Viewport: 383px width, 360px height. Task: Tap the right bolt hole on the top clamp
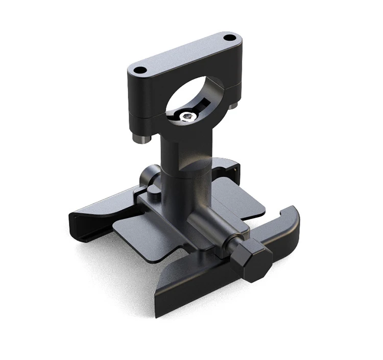tap(230, 37)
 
